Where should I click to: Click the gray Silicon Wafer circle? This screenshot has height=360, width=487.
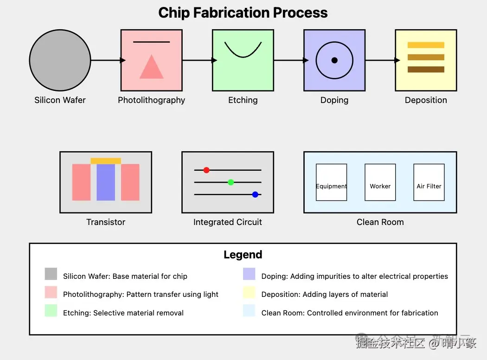coord(60,60)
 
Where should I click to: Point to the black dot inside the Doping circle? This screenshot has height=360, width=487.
coord(334,60)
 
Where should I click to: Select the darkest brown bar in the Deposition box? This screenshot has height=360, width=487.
coord(426,70)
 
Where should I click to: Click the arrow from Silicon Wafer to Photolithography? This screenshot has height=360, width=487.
coord(108,60)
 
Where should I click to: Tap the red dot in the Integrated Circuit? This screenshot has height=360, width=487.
coord(206,170)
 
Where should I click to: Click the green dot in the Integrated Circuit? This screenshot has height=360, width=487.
coord(231,182)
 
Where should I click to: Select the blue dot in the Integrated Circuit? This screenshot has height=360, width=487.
coord(255,194)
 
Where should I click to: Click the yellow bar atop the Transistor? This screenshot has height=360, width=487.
coord(106,161)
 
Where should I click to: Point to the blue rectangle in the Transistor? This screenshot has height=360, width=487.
coord(106,182)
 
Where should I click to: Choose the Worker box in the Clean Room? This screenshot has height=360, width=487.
coord(380,182)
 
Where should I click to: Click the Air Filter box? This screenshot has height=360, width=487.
coord(429,182)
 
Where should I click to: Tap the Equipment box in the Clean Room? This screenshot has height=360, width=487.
coord(331,182)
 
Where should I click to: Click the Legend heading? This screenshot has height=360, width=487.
coord(243,255)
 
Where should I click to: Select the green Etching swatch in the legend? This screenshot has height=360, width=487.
coord(51,311)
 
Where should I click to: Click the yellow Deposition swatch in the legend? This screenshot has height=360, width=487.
coord(249,292)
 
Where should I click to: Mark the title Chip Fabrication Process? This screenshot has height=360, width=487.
coord(243,13)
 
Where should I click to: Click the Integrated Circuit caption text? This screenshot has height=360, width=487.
coord(228,222)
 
